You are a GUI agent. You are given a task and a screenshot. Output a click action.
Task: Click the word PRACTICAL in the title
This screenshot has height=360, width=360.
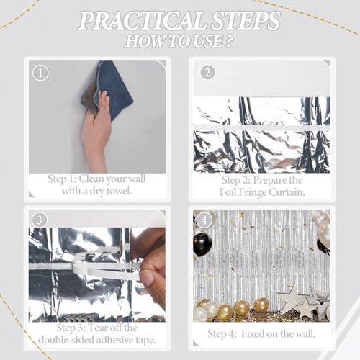click(x=142, y=21)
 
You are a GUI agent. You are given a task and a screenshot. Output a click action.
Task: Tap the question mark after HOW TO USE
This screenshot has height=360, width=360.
click(x=229, y=41)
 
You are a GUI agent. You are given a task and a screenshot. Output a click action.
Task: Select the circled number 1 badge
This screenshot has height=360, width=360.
click(x=40, y=73)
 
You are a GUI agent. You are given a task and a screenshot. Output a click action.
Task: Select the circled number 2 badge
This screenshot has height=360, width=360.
click(x=207, y=73)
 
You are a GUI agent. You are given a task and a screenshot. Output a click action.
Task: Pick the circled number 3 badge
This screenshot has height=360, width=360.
click(x=40, y=220)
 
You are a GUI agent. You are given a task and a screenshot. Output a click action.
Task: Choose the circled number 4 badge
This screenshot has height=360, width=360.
click(x=204, y=220)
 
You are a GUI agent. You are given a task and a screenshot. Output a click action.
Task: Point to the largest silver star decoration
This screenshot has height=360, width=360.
click(x=292, y=298)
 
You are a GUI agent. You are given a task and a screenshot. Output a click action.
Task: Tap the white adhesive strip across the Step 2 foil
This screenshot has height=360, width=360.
click(x=262, y=128)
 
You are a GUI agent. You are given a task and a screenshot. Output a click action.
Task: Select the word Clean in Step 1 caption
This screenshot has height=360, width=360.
click(x=91, y=179)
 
